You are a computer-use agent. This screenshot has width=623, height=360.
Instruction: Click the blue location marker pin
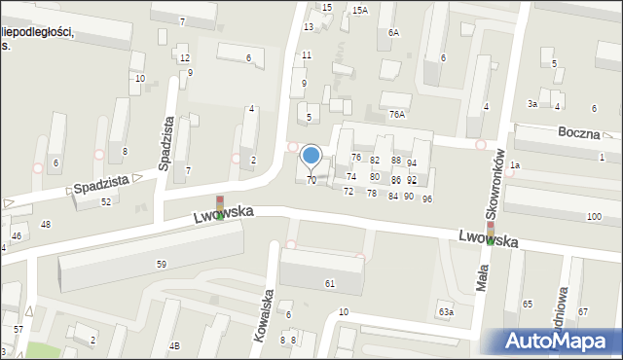tap(311, 156)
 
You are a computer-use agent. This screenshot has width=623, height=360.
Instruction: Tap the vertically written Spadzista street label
tap(167, 144)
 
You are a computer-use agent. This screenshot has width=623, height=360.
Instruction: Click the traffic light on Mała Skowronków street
tap(491, 232)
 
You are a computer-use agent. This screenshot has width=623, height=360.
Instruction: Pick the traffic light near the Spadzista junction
tap(220, 207)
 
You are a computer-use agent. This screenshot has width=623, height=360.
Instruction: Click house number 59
tap(162, 264)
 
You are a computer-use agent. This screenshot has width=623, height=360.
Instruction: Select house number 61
tap(330, 283)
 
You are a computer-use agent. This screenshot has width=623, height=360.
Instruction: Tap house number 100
tap(594, 216)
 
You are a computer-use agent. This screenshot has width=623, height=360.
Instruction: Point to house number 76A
tap(396, 114)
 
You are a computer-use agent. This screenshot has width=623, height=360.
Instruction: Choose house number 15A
tap(360, 10)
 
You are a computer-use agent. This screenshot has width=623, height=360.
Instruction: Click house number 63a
tap(445, 311)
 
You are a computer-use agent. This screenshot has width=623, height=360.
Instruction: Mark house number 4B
tap(174, 345)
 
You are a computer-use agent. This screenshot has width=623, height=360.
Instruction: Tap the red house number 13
tap(309, 26)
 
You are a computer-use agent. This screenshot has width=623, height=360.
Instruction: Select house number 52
tap(105, 201)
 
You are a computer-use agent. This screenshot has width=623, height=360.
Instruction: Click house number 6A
tap(393, 32)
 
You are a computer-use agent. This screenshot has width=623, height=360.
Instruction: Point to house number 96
tap(426, 198)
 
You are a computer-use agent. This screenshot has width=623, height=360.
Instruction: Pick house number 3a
tap(532, 103)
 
